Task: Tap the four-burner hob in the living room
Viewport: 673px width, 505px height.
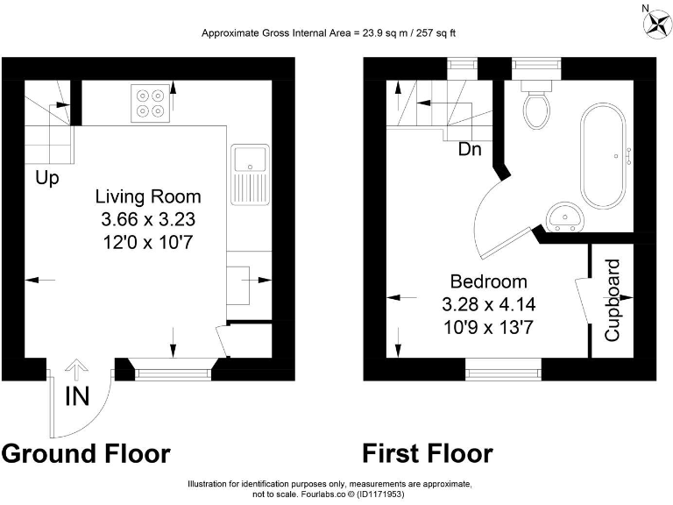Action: coord(149,102)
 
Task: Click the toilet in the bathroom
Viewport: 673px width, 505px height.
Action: coord(535,105)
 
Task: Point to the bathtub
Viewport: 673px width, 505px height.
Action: coord(603,156)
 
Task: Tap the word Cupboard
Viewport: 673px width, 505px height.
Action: coord(613,300)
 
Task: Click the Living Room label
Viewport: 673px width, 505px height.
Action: coord(148,196)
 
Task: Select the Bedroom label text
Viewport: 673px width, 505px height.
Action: coord(488,281)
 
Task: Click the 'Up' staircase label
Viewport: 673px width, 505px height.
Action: coord(47,179)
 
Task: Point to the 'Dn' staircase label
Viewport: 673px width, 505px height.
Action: coord(470,150)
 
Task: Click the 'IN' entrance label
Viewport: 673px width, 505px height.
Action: coord(77,396)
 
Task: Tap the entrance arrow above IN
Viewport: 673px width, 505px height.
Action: coord(77,369)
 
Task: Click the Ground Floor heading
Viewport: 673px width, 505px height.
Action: coord(86,453)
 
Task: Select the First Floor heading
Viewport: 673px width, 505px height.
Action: coord(428,453)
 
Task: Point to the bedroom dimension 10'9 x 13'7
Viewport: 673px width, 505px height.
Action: coord(488,327)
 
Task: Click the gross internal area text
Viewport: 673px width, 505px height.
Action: coord(329,33)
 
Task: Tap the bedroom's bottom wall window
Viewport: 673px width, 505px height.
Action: coord(502,373)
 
